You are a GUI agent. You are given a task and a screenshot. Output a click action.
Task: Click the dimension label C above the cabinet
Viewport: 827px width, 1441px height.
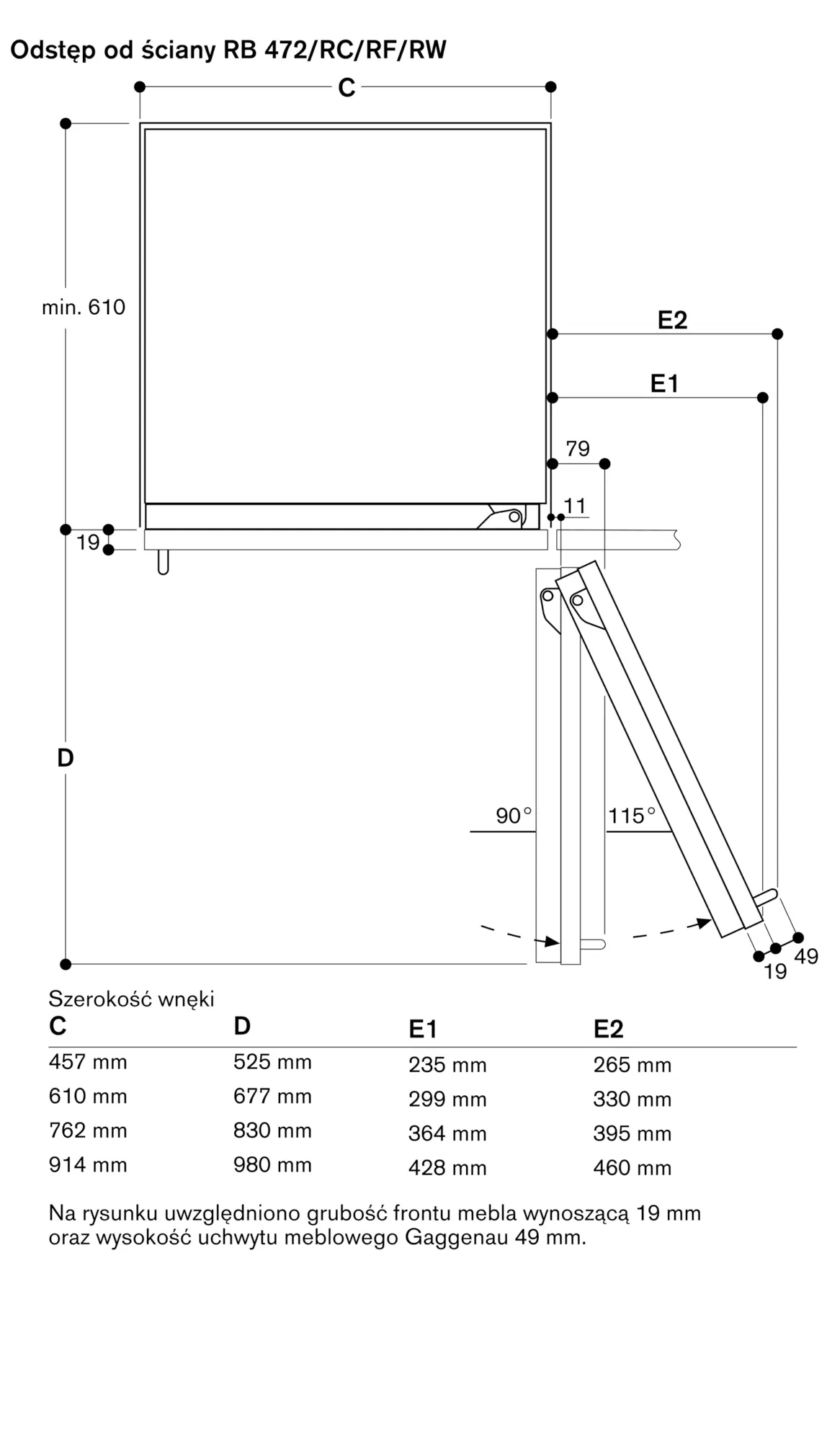[347, 88]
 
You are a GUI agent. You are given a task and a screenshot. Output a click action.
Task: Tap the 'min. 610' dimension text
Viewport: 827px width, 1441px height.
[84, 308]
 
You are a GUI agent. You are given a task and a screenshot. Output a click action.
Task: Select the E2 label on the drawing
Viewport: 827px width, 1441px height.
[672, 321]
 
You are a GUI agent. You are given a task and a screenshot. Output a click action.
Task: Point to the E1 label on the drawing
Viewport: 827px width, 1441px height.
[664, 384]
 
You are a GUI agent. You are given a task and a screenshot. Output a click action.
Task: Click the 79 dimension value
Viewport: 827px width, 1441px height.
[578, 449]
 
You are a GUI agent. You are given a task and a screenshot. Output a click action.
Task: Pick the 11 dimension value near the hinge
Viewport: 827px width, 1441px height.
[575, 507]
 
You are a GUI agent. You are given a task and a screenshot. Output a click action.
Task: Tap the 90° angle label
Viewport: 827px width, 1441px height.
[514, 816]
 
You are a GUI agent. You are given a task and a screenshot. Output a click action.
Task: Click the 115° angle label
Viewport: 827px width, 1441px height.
[632, 816]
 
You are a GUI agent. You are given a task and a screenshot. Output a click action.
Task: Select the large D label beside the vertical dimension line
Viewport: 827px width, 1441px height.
[66, 758]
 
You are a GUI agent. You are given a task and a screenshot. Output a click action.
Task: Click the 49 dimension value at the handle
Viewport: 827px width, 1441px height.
[806, 957]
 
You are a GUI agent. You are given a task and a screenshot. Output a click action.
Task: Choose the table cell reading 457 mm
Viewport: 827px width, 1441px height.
[88, 1062]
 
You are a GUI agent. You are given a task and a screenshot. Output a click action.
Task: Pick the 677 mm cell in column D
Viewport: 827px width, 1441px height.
[272, 1097]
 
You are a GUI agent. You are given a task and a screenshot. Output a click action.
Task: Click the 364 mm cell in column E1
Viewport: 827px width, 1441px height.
[447, 1133]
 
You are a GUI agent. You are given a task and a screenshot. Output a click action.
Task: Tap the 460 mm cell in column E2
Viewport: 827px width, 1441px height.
[632, 1168]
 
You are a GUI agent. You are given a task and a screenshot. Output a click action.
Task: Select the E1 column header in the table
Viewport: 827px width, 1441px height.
[423, 1030]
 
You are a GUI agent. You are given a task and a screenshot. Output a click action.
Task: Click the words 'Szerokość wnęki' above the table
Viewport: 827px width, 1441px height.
[132, 999]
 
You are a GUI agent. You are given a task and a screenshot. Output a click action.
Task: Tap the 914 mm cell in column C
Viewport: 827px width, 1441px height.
[88, 1165]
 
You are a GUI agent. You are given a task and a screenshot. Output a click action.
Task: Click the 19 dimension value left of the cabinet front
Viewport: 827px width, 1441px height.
[88, 542]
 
